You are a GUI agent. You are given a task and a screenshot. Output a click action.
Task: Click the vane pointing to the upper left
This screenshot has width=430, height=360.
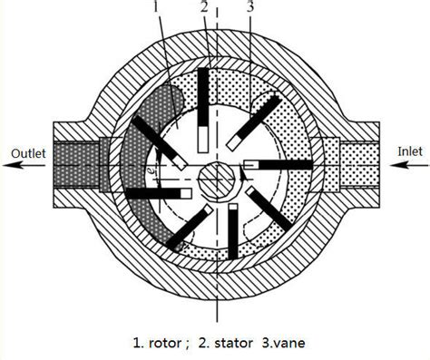pos(159,141)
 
